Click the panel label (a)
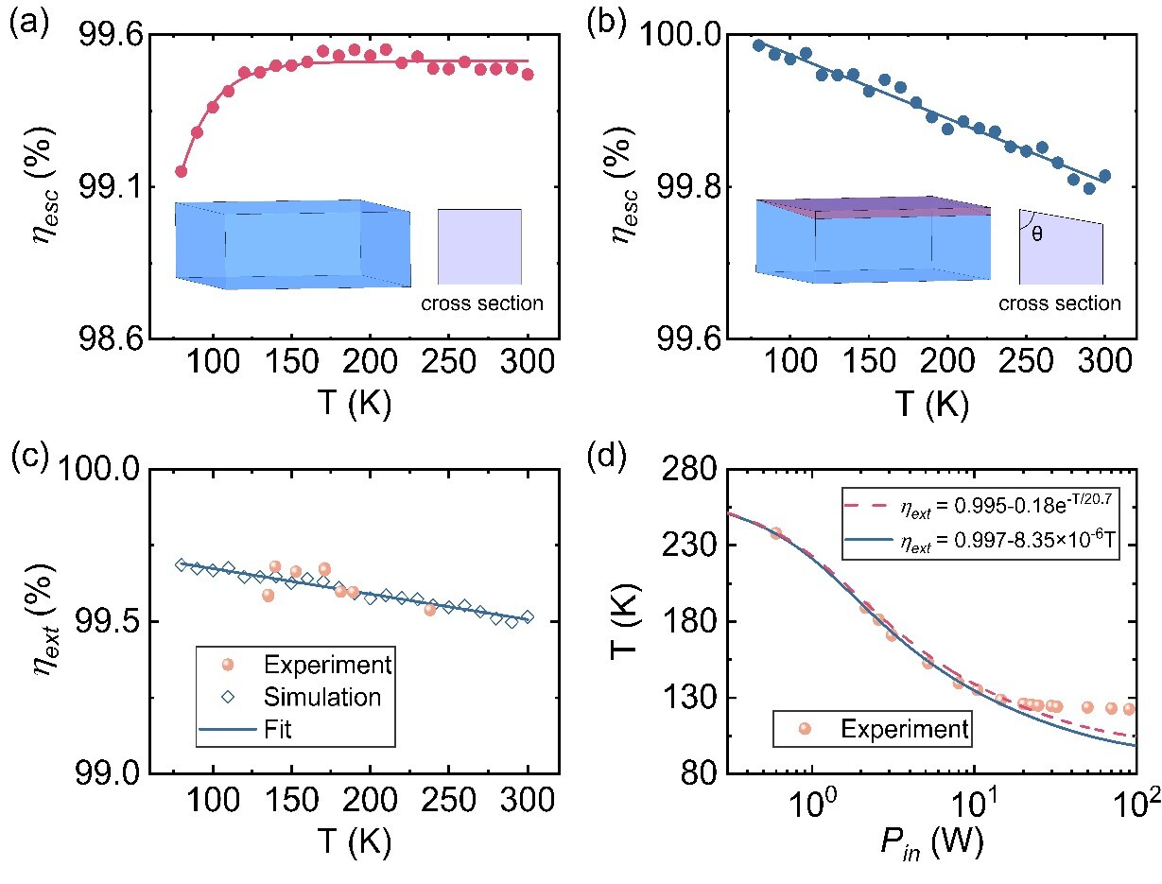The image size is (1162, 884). (29, 23)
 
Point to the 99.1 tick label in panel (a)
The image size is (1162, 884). (110, 187)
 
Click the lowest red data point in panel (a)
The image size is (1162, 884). (181, 171)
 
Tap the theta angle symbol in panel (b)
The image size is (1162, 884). (1036, 234)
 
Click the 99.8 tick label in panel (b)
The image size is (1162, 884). (688, 187)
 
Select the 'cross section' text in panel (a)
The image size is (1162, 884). (482, 303)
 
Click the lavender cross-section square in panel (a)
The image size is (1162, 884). (479, 247)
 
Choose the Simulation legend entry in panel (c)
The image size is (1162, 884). (302, 697)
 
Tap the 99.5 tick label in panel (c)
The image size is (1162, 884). (109, 621)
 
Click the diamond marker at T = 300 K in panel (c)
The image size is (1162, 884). (528, 616)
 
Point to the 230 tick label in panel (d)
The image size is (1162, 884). (687, 545)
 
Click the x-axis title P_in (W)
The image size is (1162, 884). (931, 841)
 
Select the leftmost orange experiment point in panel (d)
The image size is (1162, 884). (776, 533)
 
